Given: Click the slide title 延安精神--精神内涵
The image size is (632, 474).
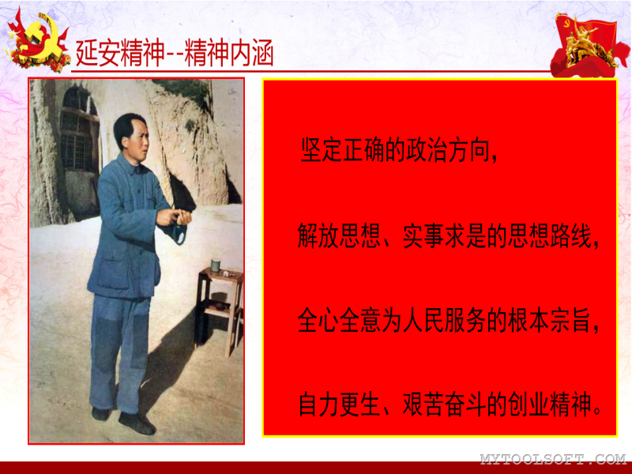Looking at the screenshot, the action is [x=175, y=53].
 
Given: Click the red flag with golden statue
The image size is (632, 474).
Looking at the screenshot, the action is [x=589, y=44].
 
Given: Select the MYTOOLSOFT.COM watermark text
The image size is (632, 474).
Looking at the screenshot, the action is [x=553, y=459].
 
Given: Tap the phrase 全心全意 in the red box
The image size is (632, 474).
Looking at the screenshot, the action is [x=340, y=321].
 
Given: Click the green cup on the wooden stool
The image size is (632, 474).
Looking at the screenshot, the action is [x=216, y=266].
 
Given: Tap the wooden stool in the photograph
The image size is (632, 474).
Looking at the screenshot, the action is [x=219, y=310].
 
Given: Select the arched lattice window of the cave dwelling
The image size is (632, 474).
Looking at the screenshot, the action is [x=80, y=129].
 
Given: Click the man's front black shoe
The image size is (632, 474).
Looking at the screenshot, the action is [x=137, y=423].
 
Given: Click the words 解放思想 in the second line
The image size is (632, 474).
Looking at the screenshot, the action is [x=340, y=235].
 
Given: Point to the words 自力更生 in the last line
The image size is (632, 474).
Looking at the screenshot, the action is [x=340, y=404].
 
